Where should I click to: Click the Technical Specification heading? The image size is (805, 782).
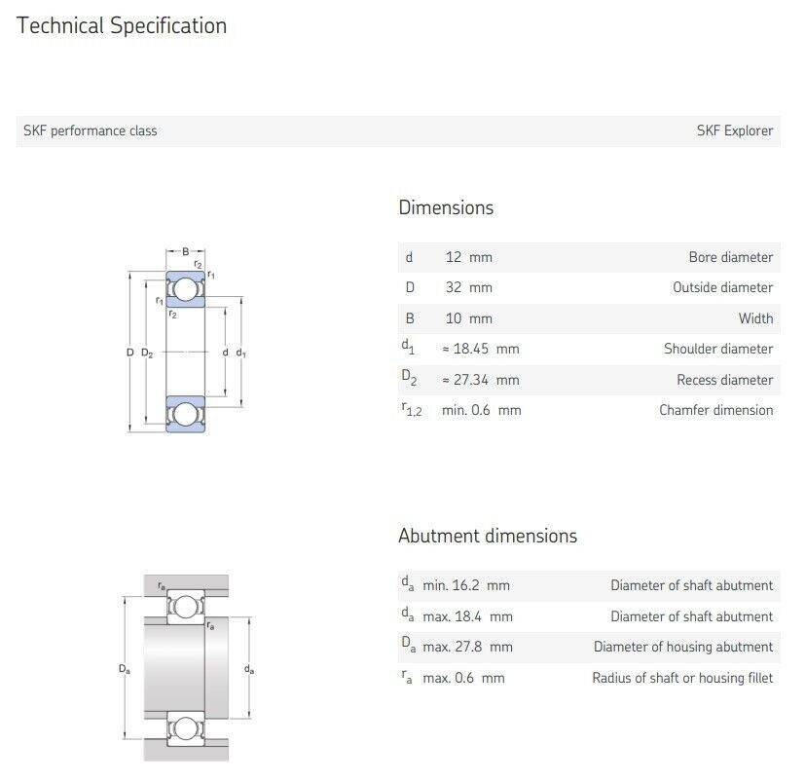122,25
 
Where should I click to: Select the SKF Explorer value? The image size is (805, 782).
735,130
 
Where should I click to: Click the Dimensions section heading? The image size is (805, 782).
446,207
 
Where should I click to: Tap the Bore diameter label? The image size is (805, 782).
731,257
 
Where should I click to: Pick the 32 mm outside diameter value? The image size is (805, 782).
469,287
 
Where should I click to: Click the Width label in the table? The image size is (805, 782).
755,318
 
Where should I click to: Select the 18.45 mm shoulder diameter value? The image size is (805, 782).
481,349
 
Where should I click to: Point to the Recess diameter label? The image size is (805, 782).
724,380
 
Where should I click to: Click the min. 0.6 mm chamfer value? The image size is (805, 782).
482,410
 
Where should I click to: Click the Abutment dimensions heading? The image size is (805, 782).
488,536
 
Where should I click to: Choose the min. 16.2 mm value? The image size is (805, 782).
466,585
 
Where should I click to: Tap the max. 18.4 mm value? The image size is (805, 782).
467,616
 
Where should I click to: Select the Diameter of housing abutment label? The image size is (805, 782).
682,647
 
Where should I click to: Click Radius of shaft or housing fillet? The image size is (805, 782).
682,678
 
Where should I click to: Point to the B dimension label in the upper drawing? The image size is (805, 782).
185,251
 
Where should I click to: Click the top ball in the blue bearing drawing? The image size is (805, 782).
185,289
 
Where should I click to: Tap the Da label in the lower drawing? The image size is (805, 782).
125,669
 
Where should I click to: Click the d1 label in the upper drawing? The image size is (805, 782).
240,353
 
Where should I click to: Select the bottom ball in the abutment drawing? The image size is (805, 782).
185,728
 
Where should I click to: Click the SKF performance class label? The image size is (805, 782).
91,130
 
